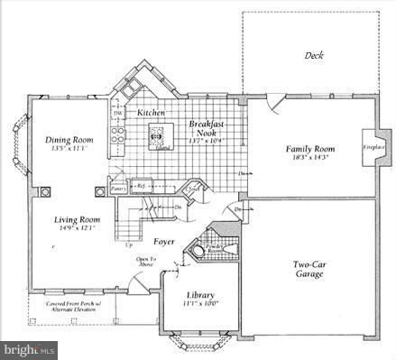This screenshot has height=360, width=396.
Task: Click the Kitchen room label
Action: (x=151, y=113)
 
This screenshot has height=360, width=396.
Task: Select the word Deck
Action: (x=314, y=56)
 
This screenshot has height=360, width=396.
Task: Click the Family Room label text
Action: (x=309, y=148)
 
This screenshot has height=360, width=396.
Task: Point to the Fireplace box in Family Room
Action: (x=374, y=146)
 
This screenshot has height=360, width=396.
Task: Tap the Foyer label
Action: (x=163, y=242)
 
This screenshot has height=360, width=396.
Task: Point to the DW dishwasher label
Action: (x=117, y=112)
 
